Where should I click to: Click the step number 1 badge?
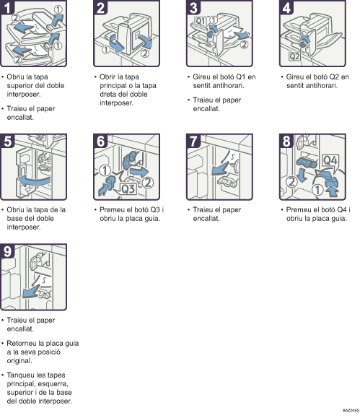[x=7, y=7]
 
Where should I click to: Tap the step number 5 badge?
[x=7, y=141]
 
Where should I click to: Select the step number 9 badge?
[x=7, y=251]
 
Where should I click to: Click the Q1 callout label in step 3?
[x=201, y=21]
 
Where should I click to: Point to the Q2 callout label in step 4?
[x=294, y=56]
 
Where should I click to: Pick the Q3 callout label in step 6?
[x=128, y=188]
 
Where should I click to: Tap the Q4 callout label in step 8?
[x=330, y=160]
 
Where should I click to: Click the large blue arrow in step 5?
[x=34, y=181]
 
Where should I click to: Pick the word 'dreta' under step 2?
[x=107, y=95]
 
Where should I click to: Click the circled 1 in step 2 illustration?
[x=106, y=50]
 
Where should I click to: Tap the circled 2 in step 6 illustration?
[x=148, y=183]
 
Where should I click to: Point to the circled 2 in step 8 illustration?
[x=291, y=181]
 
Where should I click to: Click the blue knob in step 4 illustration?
[x=302, y=45]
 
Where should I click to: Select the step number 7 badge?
[x=193, y=141]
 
